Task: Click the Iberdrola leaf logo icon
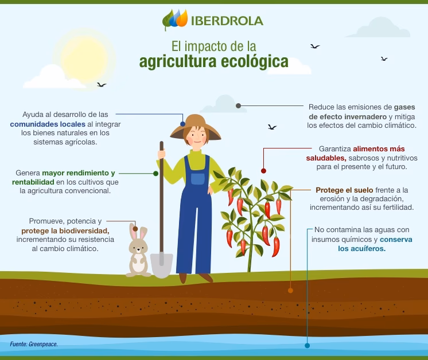coord(175,20)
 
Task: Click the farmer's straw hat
coord(196,126)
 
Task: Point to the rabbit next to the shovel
coord(138,252)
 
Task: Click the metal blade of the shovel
coord(162,265)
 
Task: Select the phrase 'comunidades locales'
coord(48,124)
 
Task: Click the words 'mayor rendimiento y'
coord(79,173)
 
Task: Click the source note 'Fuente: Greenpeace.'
coord(34,344)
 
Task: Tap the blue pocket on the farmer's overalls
coord(198,178)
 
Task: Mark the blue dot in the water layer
coord(307,346)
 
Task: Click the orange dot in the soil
coord(290,290)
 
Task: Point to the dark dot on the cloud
coord(238,105)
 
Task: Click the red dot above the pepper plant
coord(263,171)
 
